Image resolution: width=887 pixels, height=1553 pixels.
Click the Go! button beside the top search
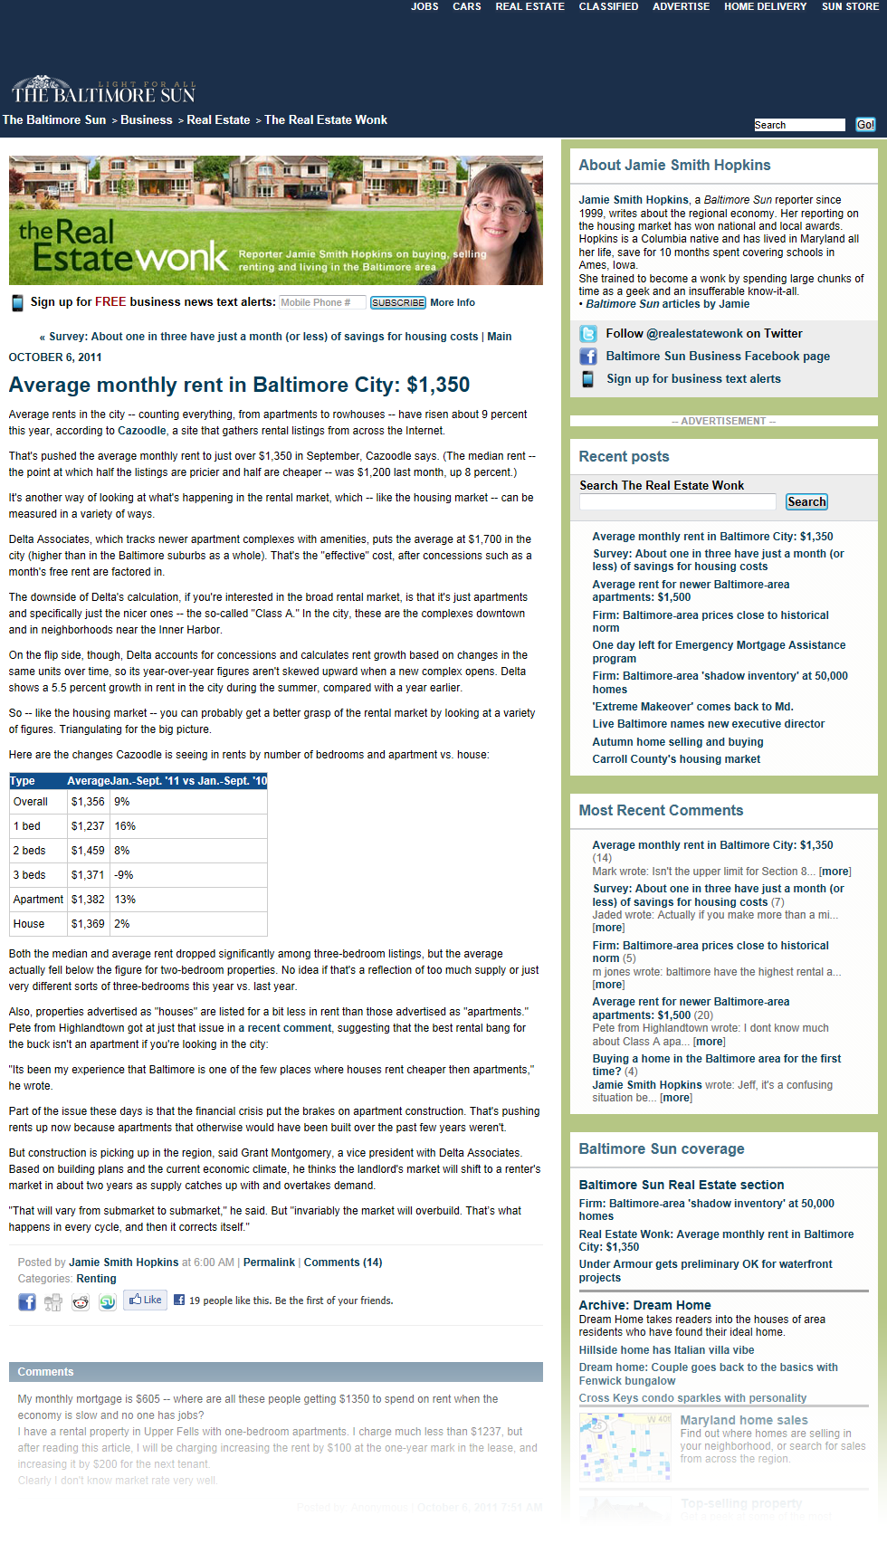865,125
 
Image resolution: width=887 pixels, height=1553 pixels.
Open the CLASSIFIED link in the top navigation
608,6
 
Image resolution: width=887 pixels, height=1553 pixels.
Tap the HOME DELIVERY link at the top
765,6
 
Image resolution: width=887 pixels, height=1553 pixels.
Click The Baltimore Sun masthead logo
103,91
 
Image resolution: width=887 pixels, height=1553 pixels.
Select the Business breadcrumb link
147,120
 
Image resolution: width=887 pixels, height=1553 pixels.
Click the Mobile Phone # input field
321,302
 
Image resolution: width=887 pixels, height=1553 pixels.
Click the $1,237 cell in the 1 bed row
88,826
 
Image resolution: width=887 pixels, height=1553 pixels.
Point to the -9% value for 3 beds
124,875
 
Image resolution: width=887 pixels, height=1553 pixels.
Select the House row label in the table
29,924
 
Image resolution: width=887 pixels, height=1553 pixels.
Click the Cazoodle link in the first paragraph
142,431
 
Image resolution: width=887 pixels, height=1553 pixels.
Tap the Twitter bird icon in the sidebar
588,334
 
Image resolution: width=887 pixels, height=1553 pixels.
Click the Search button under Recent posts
806,502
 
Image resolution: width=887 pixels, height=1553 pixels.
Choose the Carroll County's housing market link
676,759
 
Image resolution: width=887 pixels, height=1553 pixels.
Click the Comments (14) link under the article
343,1262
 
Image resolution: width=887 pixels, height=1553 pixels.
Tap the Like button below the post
145,1301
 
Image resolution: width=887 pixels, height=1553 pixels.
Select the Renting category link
96,1279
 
